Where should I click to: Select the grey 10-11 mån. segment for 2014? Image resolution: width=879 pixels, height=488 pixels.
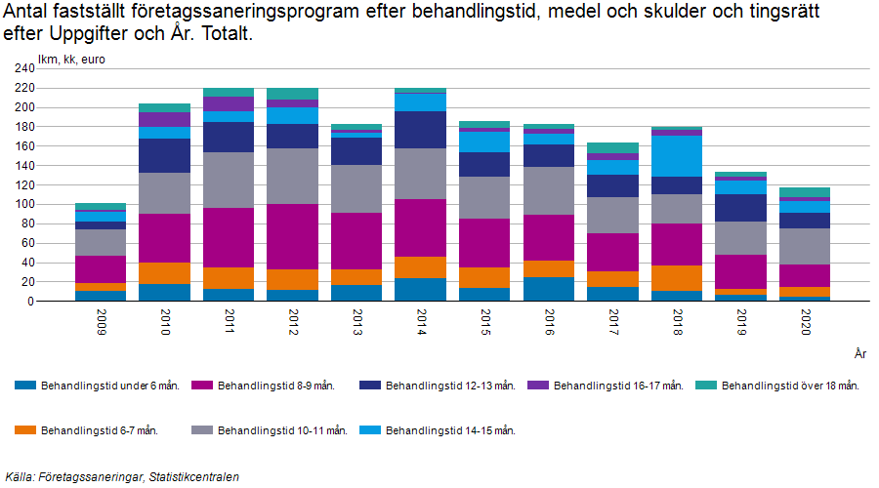(x=420, y=174)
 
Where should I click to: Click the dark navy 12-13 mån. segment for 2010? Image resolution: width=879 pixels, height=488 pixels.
(x=164, y=156)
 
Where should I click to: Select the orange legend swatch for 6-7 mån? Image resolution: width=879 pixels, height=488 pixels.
(x=25, y=430)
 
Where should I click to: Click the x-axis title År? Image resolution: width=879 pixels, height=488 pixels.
(x=858, y=353)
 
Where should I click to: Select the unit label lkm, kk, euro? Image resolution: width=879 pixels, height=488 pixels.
(x=71, y=60)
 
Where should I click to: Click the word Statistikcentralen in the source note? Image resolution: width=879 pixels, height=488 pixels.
(x=190, y=477)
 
